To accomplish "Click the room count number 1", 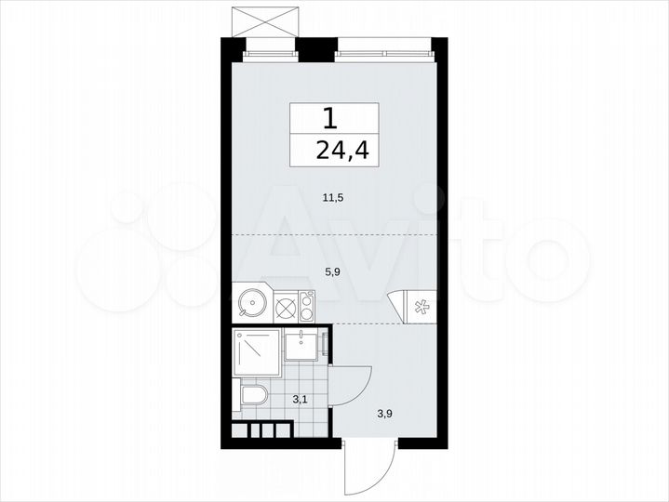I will click(329, 118).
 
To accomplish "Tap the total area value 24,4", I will click(336, 151).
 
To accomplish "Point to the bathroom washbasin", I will click(301, 347).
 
